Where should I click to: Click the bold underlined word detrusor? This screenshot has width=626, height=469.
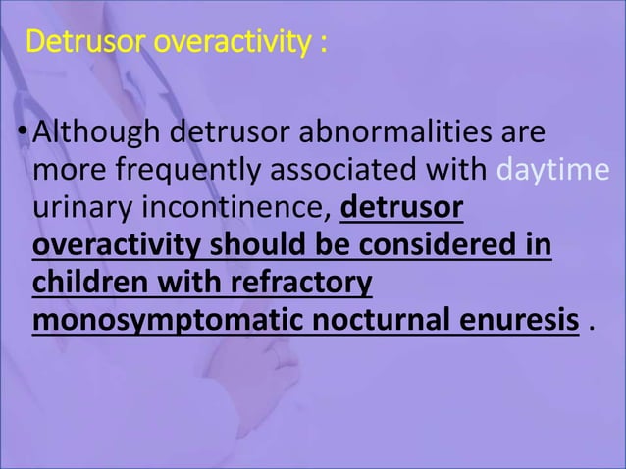[402, 209]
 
